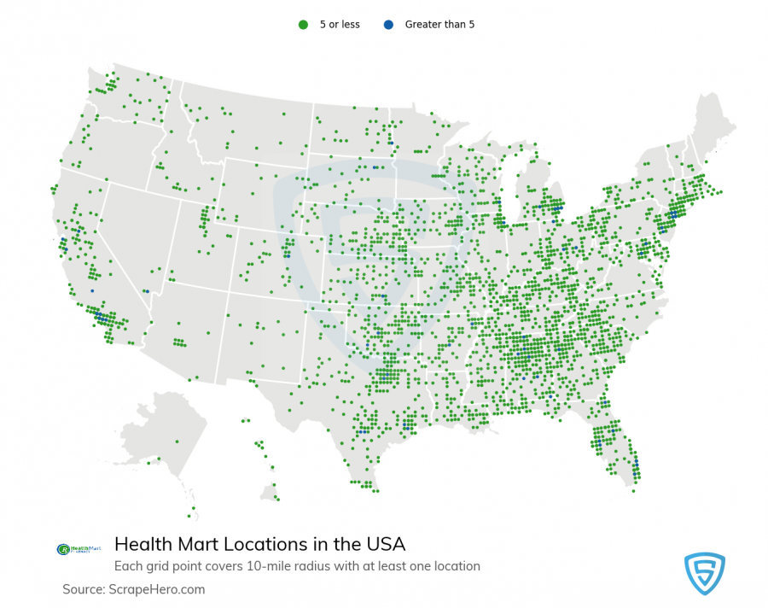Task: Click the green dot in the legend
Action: tap(302, 25)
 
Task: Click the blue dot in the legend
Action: tap(387, 25)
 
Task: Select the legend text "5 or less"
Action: tap(340, 25)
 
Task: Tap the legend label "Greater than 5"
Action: tap(439, 25)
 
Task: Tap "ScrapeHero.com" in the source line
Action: tap(157, 589)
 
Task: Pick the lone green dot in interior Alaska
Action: tap(177, 441)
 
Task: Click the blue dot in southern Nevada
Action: tap(146, 291)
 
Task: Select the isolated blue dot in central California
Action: tap(92, 291)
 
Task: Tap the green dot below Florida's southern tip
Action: tap(633, 490)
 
